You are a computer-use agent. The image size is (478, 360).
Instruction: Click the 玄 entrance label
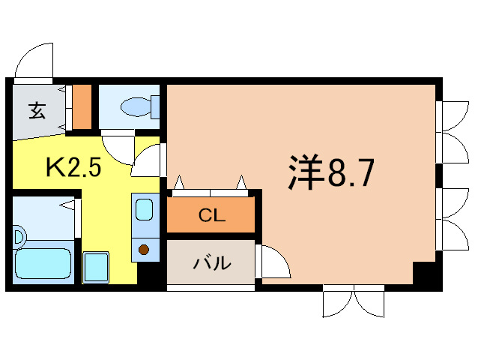[x=37, y=111]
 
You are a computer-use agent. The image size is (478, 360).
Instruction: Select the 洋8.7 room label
[x=330, y=172]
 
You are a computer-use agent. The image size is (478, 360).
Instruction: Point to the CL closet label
[x=211, y=215]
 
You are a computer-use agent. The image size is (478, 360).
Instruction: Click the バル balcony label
[x=212, y=263]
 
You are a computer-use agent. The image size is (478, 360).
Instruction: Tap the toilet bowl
[x=136, y=106]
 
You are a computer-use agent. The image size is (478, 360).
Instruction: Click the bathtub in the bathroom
[x=43, y=263]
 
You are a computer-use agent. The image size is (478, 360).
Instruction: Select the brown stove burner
[x=144, y=250]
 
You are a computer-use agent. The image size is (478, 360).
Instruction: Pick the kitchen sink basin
[x=144, y=209]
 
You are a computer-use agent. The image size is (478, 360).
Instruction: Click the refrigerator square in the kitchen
[x=96, y=268]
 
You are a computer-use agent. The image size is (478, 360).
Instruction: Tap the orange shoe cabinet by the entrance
[x=82, y=106]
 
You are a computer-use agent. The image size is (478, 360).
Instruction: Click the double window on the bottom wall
[x=354, y=301]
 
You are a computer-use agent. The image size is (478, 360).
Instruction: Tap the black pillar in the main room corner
[x=423, y=273]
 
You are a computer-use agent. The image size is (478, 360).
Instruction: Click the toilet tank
[x=155, y=106]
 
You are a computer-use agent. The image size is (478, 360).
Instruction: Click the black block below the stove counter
[x=148, y=273]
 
